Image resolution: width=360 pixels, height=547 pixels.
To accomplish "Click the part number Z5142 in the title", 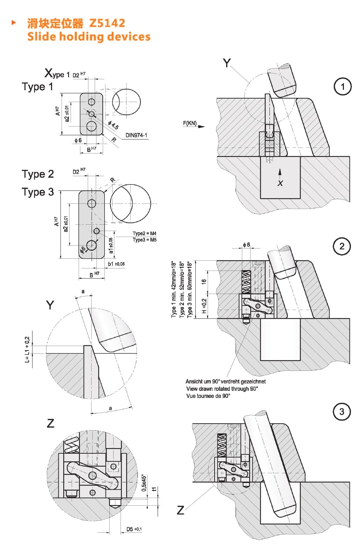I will (107, 23).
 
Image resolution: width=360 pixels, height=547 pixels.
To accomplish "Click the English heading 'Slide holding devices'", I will (89, 36).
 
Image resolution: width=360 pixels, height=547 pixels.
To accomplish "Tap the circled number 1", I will (342, 87).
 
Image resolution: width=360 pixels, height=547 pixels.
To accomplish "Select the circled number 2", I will (342, 246).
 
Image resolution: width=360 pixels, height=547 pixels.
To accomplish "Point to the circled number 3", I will (341, 412).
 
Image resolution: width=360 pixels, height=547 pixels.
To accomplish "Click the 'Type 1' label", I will (37, 86).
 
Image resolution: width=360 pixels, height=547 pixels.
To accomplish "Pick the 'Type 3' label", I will (38, 192).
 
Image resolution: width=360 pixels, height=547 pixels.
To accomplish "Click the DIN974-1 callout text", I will (136, 135).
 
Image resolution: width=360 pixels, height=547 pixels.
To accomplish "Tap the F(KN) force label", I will (190, 123).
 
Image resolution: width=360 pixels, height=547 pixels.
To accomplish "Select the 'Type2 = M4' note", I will (144, 233).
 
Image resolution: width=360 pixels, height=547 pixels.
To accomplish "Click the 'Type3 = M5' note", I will (144, 240).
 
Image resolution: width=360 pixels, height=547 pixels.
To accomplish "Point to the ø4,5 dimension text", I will (113, 125).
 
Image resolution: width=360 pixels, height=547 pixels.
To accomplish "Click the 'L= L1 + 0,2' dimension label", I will (27, 350).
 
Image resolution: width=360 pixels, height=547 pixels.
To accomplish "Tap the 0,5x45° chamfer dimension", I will (144, 483).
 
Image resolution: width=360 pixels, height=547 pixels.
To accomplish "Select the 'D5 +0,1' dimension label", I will (134, 529).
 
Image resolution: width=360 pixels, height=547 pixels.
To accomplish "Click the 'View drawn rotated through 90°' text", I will (222, 389).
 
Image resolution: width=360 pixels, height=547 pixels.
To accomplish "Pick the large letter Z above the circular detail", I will (51, 423).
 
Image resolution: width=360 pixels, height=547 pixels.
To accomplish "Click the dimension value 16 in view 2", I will (204, 282).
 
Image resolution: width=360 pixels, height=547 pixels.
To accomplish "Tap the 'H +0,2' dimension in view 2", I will (204, 306).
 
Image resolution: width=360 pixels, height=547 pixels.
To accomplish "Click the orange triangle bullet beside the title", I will (14, 23).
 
